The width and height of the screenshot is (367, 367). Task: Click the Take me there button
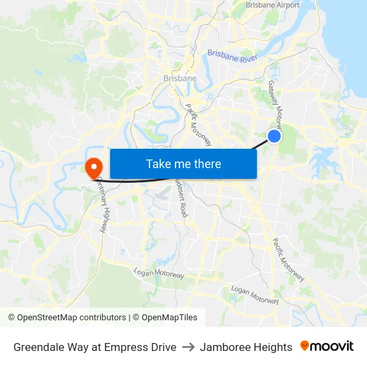pos(183,163)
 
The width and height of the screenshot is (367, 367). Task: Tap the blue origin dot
pos(274,136)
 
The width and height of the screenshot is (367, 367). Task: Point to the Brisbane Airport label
pos(272,5)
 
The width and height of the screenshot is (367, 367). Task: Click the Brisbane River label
pos(232,55)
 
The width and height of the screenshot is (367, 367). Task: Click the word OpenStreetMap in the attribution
pos(45,318)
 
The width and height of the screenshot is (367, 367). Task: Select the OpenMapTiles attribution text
pos(169,318)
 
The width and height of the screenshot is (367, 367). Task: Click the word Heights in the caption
pos(274,347)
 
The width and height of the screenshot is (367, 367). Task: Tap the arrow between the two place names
pos(188,347)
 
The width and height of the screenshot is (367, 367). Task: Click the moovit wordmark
pos(332,346)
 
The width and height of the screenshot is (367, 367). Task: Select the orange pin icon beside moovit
pos(305,346)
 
